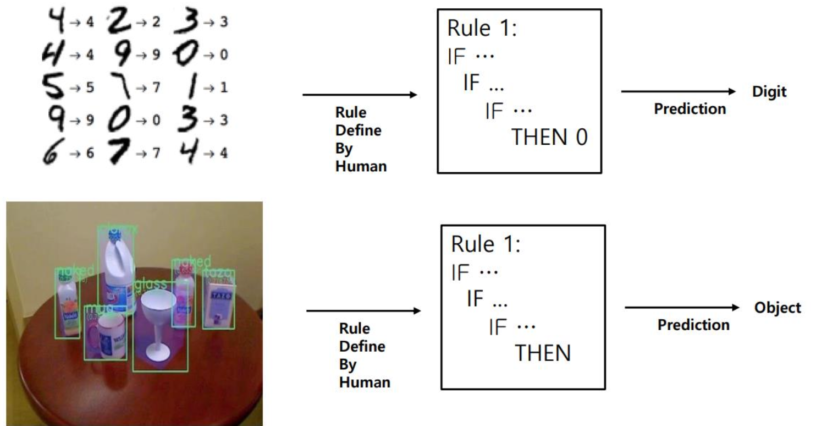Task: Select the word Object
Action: (776, 308)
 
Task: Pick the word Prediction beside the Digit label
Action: (690, 109)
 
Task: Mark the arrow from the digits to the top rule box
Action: (360, 95)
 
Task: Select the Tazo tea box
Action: (219, 305)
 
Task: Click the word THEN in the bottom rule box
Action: (542, 353)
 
